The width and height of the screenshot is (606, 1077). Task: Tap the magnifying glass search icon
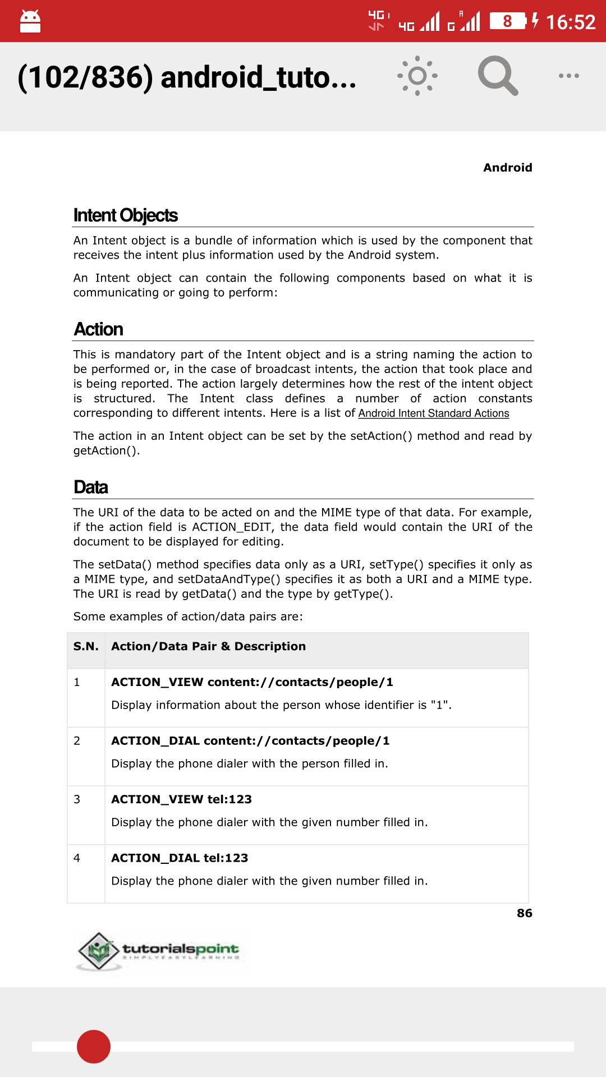point(497,76)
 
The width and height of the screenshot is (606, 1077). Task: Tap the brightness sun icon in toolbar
point(417,76)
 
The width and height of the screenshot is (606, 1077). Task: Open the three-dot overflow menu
point(568,76)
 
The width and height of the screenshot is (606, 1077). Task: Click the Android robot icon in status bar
point(30,22)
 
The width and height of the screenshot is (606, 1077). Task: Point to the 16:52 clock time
point(570,22)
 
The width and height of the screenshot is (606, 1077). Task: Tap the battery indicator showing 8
point(508,21)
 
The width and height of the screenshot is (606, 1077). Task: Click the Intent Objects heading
point(126,215)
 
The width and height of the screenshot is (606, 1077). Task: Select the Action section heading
point(99,329)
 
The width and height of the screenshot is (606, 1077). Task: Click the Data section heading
point(91,487)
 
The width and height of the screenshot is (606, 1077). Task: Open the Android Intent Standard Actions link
point(434,413)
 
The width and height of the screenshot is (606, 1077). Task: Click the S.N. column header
point(86,646)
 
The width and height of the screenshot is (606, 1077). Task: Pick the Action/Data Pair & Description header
point(208,646)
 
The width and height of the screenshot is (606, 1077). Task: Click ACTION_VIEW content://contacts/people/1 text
point(252,682)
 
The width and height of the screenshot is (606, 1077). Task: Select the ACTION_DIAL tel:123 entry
point(180,858)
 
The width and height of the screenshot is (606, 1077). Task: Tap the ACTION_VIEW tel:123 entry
point(181,799)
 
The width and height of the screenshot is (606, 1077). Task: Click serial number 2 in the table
point(77,741)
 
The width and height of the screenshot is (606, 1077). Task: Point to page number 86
point(524,913)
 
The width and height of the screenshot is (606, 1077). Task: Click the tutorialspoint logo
point(159,951)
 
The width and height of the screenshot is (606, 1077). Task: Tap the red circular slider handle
point(94,1047)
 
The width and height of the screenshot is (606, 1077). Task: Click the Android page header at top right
point(507,168)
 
